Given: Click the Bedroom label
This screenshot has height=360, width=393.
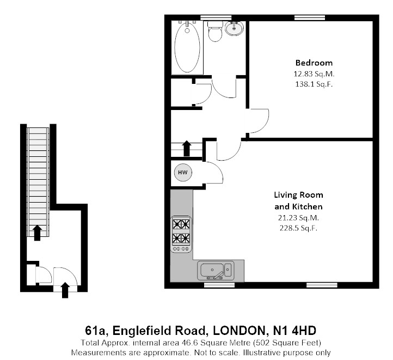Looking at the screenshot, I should (314, 63).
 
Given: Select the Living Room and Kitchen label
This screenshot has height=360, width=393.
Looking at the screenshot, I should (298, 200).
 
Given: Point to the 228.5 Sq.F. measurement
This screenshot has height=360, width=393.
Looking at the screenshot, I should (298, 228).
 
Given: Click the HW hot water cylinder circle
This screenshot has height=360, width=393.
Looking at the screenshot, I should (182, 173).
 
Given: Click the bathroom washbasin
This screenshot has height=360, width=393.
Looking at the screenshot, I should (235, 28).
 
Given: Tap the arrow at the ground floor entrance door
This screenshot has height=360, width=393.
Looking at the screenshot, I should (66, 290).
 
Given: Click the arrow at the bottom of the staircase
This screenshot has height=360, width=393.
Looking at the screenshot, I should (36, 233).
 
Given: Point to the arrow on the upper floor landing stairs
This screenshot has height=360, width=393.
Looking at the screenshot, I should (186, 148).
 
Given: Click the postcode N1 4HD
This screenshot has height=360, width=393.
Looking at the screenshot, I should (294, 331).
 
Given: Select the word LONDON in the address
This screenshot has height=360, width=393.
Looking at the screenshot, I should (240, 331).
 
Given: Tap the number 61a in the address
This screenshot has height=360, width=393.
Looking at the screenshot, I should (96, 331).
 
